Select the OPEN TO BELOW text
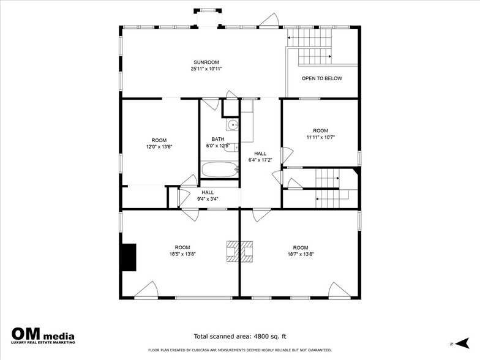[321, 78]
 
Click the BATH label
[218, 139]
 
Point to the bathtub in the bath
[220, 170]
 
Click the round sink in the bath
[232, 126]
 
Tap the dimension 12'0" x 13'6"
[159, 147]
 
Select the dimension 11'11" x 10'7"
[320, 137]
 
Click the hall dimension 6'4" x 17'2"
[261, 160]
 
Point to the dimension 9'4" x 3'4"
[208, 199]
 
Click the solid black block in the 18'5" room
[128, 257]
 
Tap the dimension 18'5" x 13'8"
[182, 254]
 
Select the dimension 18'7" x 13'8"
[300, 254]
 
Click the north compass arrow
[460, 343]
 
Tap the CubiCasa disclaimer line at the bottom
[239, 350]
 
